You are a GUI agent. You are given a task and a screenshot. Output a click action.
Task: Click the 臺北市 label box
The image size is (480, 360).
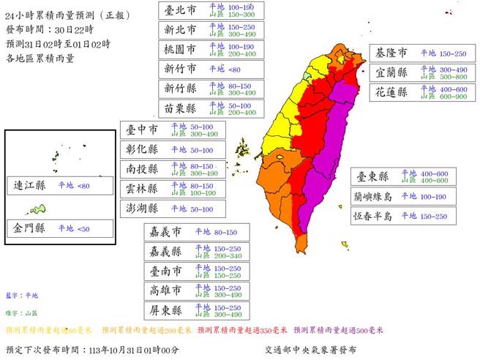pyautogui.click(x=180, y=10)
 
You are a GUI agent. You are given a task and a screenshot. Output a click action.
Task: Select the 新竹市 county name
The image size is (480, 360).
pyautogui.click(x=180, y=69)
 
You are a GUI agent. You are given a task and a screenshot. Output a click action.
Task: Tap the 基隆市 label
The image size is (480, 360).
pyautogui.click(x=392, y=54)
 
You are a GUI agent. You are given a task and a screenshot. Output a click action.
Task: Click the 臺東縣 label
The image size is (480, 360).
pyautogui.click(x=372, y=176)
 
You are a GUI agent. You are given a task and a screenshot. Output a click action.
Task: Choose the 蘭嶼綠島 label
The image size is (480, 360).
pyautogui.click(x=372, y=196)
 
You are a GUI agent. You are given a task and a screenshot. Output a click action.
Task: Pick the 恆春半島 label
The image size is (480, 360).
pyautogui.click(x=372, y=216)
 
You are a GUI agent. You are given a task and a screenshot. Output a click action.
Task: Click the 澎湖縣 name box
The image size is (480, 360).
pyautogui.click(x=142, y=209)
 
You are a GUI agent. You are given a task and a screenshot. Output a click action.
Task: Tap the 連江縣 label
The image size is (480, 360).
pyautogui.click(x=29, y=186)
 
